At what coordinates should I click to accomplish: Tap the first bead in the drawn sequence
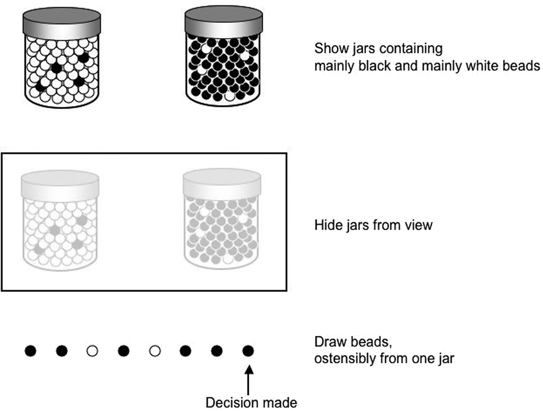pos(30,351)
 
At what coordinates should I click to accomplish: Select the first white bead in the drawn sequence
pos(92,351)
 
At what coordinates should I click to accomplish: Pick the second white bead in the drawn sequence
pos(155,351)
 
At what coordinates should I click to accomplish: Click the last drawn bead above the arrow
pos(248,351)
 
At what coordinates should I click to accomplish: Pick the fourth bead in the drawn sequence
pos(123,351)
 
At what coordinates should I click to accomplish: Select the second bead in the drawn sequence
pos(62,351)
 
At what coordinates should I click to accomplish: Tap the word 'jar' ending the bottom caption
pos(446,359)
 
